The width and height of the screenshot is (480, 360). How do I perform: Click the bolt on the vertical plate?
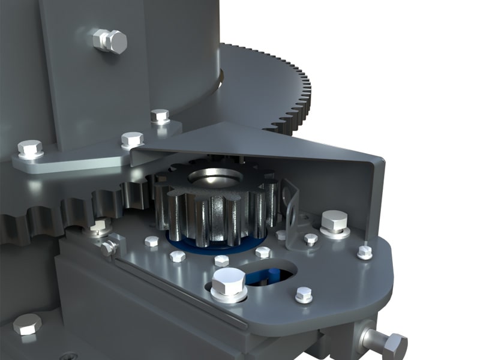pyautogui.click(x=110, y=41)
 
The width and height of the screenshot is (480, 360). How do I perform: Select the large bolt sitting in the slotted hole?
pyautogui.click(x=229, y=283)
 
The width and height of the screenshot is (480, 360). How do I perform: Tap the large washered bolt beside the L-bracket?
pyautogui.click(x=334, y=223)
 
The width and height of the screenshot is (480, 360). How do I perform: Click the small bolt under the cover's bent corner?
pyautogui.click(x=365, y=251)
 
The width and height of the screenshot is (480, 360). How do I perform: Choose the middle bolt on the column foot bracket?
pyautogui.click(x=132, y=140)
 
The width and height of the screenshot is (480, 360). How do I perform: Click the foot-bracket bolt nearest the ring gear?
pyautogui.click(x=160, y=116)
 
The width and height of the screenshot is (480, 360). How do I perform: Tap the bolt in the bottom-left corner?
pyautogui.click(x=27, y=325)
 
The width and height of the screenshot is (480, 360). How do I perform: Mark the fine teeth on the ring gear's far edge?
pyautogui.click(x=288, y=90)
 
